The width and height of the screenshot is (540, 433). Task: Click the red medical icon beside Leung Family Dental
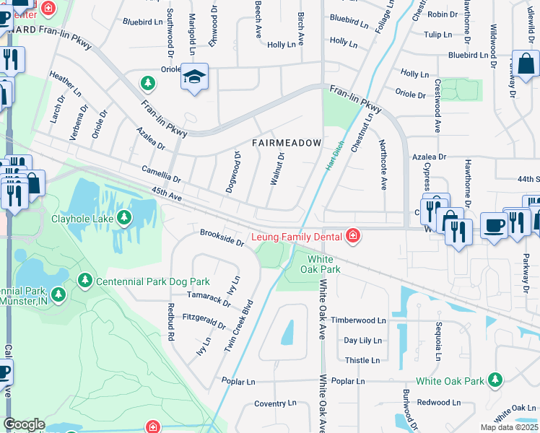pos(352,235)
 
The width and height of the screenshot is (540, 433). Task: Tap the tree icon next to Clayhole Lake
pos(125,217)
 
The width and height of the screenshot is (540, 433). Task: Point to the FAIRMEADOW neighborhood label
pos(287,144)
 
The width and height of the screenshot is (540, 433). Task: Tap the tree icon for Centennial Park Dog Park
pos(85,280)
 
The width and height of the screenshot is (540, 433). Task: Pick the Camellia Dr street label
pos(161,172)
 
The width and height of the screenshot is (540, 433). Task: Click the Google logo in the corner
pos(24,424)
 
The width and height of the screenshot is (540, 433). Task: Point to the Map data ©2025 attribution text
pos(509,428)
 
